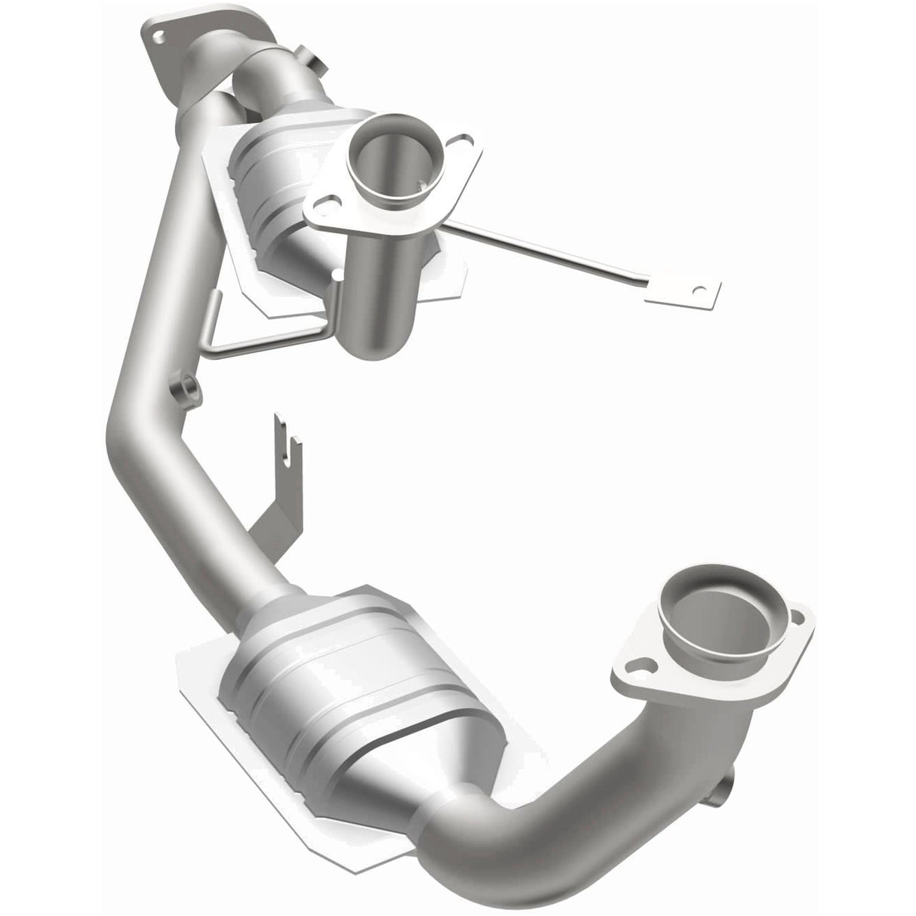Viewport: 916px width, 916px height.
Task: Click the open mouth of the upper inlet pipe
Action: coord(381,143)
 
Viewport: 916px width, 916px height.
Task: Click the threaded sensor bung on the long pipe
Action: coord(183,389)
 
